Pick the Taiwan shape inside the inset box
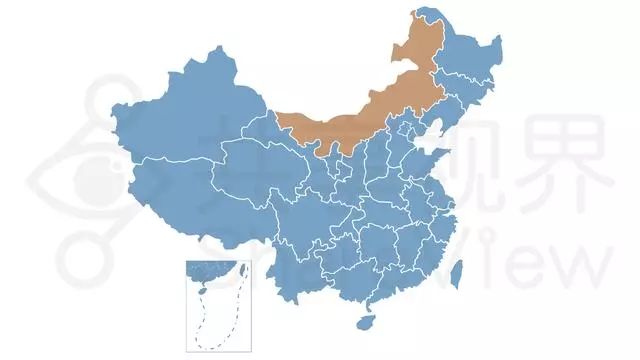(238, 271)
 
